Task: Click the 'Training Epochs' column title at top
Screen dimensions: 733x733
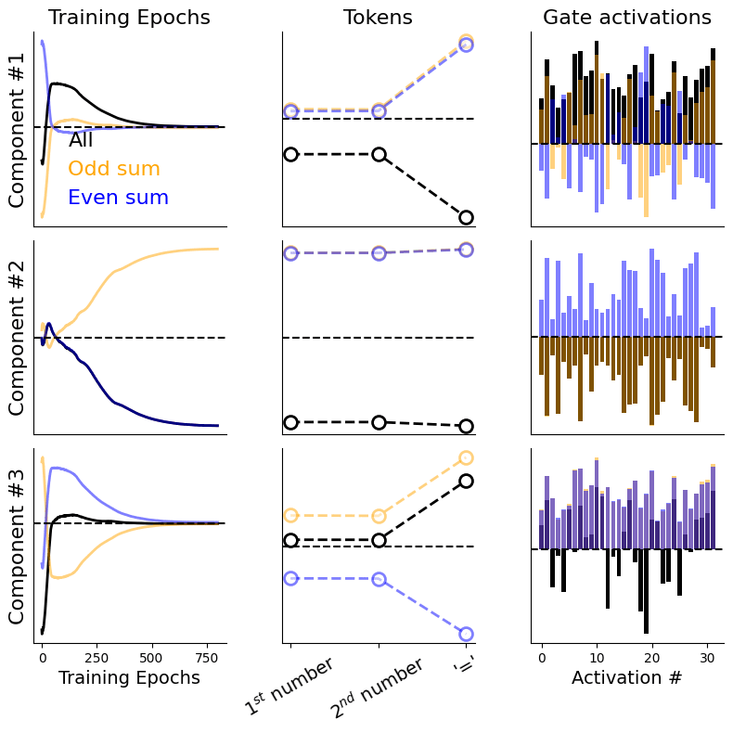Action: click(129, 18)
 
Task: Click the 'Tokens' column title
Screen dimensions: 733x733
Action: click(378, 18)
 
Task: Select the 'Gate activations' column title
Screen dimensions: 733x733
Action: click(626, 18)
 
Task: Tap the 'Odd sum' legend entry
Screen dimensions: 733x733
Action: click(114, 169)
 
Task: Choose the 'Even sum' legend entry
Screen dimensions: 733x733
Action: click(118, 198)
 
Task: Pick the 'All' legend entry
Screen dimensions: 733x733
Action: click(81, 141)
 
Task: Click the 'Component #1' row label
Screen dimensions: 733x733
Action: click(18, 129)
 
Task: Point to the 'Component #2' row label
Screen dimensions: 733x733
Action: click(18, 337)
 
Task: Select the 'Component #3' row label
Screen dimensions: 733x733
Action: click(18, 546)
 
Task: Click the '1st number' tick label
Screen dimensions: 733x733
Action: click(289, 688)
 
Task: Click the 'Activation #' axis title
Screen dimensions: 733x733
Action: click(626, 678)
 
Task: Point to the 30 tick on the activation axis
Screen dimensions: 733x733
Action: click(707, 657)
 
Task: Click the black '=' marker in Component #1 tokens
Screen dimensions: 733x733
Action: click(466, 217)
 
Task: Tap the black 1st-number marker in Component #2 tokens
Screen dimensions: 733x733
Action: click(290, 422)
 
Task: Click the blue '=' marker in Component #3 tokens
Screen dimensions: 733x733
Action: click(466, 634)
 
